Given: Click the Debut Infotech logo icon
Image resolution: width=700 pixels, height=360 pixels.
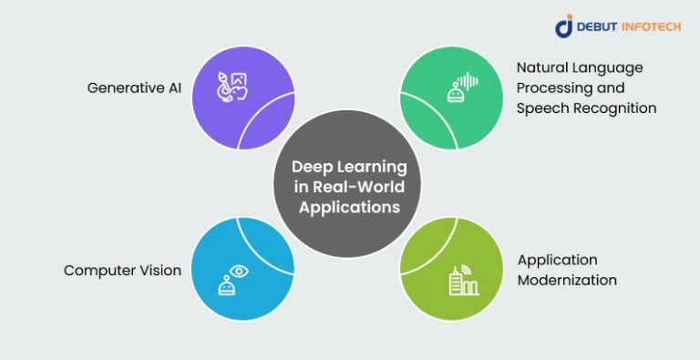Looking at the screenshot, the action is (564, 26).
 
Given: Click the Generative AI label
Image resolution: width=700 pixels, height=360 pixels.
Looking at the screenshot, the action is (134, 88).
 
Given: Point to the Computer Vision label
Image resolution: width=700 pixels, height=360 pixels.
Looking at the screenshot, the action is (122, 270).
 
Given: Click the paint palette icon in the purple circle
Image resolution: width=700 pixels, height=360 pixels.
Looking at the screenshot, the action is (232, 87).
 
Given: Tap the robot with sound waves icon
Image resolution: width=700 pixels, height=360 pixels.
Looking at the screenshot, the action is (462, 87).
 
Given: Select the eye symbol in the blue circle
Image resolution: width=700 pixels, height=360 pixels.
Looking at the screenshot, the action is (239, 271).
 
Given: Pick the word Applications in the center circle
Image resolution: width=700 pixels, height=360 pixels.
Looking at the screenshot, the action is (349, 207).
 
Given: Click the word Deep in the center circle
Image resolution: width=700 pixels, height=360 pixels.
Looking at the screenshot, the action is (311, 167).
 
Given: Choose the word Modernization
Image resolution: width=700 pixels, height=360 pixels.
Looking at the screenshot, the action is (568, 281).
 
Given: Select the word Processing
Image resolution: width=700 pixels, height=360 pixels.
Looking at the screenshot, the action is (551, 88).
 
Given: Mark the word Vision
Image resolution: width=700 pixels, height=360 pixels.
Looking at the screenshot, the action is (158, 270).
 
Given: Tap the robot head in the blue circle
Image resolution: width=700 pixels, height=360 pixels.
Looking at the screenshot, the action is (226, 286).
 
